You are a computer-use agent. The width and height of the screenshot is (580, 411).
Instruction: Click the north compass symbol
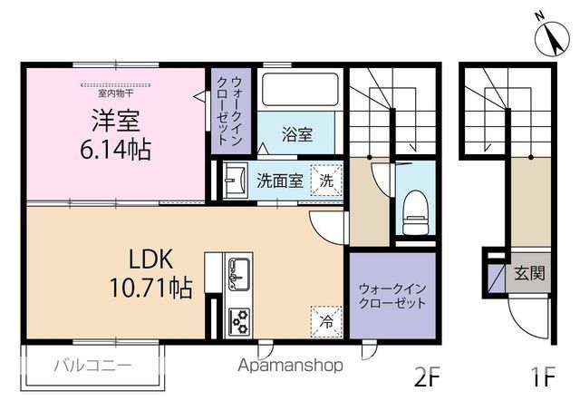click(x=552, y=38)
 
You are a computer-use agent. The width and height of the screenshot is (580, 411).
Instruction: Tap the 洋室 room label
click(x=115, y=121)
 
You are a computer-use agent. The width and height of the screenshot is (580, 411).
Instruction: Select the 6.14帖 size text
click(x=115, y=150)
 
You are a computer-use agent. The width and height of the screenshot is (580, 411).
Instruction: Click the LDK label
click(x=151, y=259)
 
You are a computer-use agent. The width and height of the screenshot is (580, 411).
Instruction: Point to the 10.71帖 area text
click(x=151, y=289)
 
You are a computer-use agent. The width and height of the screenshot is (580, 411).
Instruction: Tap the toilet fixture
click(x=415, y=212)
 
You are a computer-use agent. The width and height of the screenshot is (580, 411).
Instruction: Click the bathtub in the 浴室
click(x=300, y=89)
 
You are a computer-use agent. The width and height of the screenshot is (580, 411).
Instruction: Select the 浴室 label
click(x=297, y=134)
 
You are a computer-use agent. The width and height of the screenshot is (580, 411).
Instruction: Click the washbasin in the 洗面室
click(x=236, y=181)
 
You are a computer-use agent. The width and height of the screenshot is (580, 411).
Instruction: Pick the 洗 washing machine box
click(x=326, y=181)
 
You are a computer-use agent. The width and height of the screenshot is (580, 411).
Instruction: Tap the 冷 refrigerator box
click(x=326, y=322)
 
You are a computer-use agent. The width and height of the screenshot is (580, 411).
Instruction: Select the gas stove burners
click(x=239, y=321)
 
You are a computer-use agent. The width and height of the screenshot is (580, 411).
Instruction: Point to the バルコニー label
click(x=92, y=366)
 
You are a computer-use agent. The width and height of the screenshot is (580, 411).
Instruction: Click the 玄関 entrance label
click(x=529, y=274)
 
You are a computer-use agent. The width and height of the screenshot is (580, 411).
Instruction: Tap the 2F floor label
click(x=427, y=377)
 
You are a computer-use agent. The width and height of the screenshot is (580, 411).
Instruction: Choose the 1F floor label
click(x=544, y=377)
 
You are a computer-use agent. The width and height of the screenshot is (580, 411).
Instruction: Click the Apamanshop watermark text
click(x=290, y=366)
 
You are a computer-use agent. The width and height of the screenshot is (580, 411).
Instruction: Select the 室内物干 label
click(x=115, y=93)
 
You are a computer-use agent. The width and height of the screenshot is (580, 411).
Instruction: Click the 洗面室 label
click(x=280, y=181)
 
